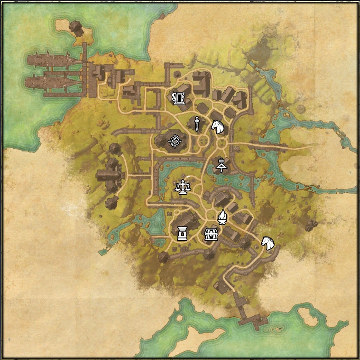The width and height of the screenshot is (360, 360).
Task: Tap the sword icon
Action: click(x=195, y=123)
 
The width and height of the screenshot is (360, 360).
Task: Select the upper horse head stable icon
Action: click(x=218, y=127)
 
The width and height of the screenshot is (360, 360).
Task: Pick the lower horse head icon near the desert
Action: click(x=268, y=243)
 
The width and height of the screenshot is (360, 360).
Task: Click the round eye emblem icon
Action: click(x=175, y=141)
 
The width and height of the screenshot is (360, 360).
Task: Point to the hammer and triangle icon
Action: click(x=221, y=164)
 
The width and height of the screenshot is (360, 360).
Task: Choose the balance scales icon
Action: click(x=182, y=187)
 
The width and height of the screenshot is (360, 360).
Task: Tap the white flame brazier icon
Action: click(x=222, y=217)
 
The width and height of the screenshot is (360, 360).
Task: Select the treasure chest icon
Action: click(x=211, y=234)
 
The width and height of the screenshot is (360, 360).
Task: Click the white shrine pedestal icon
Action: click(x=182, y=233)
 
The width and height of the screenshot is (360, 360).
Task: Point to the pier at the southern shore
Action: click(x=251, y=319)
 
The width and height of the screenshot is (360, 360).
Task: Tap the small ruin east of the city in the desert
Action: click(x=311, y=225)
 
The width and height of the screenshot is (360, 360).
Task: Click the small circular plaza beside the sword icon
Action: click(x=202, y=141)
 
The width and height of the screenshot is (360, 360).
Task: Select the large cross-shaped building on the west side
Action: click(x=110, y=175)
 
